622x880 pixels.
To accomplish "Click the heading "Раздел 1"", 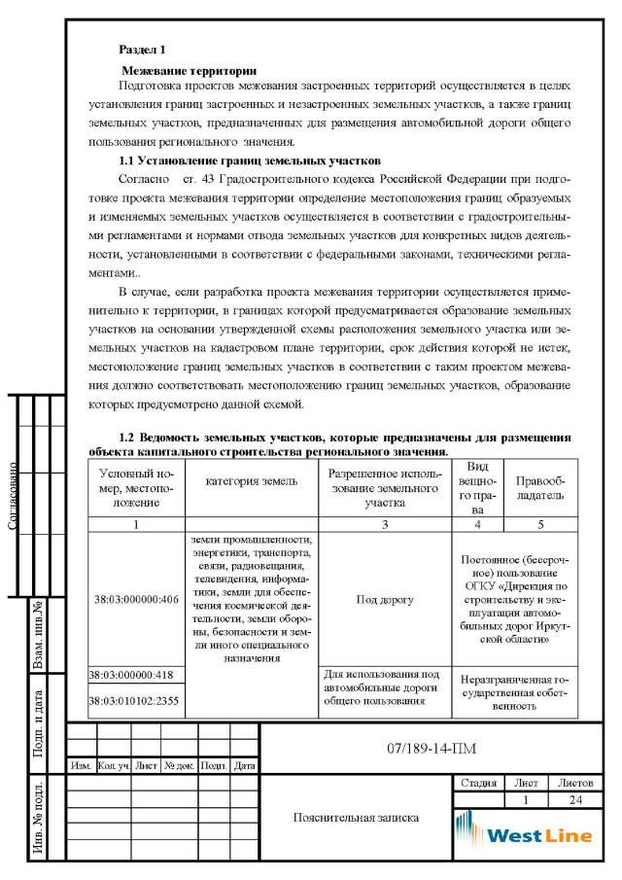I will pos(141,48).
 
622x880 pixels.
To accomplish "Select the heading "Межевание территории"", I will pos(189,70).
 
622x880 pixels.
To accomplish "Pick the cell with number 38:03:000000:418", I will pos(135,674).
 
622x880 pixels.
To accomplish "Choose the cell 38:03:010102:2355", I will pos(135,701).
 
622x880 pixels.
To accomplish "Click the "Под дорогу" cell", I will pos(385,599).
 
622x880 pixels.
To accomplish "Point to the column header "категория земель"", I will pos(252,482).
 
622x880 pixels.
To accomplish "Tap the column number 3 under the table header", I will pos(385,524).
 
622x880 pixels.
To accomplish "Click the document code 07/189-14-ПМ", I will pos(420,747).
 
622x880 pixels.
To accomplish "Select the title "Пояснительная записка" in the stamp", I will pos(356,817).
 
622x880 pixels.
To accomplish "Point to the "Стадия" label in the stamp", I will pos(478,783).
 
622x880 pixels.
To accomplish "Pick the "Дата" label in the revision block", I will pos(244,766).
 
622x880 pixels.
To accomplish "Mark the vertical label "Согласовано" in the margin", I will pos(14,496).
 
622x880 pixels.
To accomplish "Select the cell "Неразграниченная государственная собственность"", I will pos(515,692).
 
